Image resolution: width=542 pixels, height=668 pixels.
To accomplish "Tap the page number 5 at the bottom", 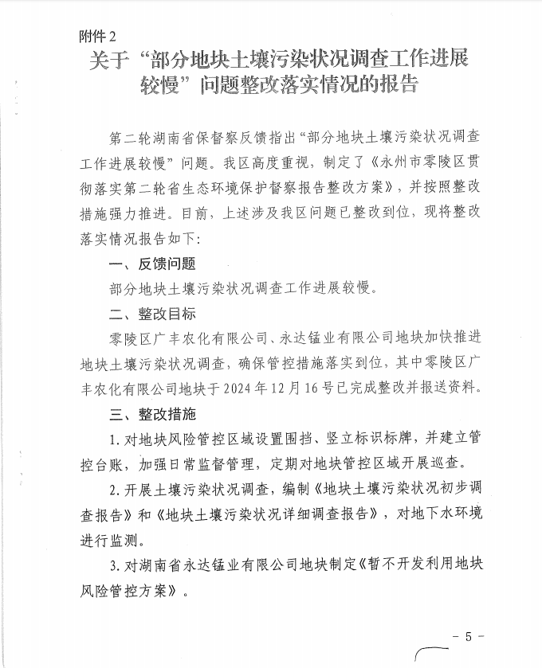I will [x=469, y=636].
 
